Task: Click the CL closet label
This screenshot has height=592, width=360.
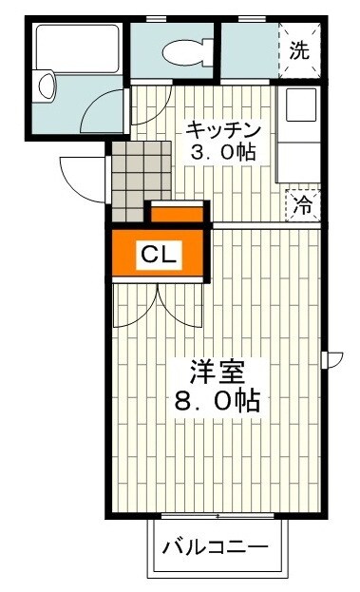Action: click(x=157, y=254)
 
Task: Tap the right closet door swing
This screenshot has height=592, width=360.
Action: click(x=182, y=306)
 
